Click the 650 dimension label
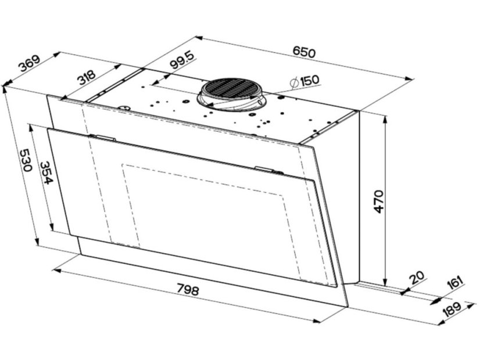pyautogui.click(x=303, y=52)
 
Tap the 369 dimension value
pyautogui.click(x=30, y=63)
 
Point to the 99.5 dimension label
pyautogui.click(x=182, y=60)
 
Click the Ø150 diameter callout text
pyautogui.click(x=305, y=81)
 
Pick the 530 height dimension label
pyautogui.click(x=26, y=160)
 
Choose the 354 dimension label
pyautogui.click(x=46, y=173)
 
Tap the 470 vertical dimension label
pyautogui.click(x=378, y=201)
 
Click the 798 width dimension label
pyautogui.click(x=188, y=289)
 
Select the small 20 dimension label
pyautogui.click(x=417, y=278)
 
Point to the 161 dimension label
pyautogui.click(x=455, y=282)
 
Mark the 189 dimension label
pyautogui.click(x=452, y=311)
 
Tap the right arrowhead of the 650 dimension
pyautogui.click(x=410, y=78)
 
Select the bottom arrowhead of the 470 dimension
pyautogui.click(x=386, y=282)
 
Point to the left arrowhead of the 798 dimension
pyautogui.click(x=58, y=271)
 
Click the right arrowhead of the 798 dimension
pyautogui.click(x=316, y=321)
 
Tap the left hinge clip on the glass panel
pyautogui.click(x=102, y=138)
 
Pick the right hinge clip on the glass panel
pyautogui.click(x=268, y=170)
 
